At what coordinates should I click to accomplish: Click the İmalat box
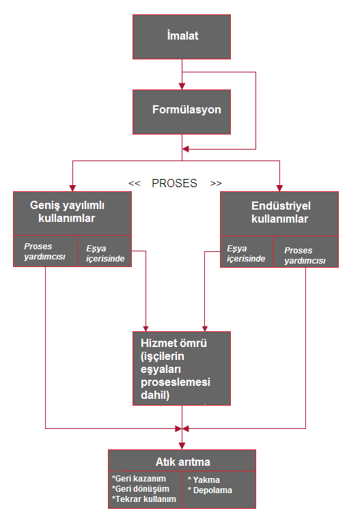(x=182, y=37)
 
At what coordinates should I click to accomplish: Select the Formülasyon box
(x=182, y=112)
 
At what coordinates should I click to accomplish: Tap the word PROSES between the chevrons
(x=174, y=183)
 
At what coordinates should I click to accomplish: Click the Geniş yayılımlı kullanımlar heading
(x=67, y=212)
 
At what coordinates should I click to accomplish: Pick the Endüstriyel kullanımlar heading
(x=280, y=212)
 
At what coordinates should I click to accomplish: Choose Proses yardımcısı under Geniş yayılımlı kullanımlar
(x=44, y=251)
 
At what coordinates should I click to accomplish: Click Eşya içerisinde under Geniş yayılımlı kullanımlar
(x=105, y=253)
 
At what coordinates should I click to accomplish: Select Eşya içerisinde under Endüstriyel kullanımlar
(x=246, y=253)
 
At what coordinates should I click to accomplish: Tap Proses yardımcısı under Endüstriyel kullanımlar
(x=305, y=255)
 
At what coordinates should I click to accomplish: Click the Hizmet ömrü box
(x=182, y=368)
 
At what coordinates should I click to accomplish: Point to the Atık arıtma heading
(x=183, y=462)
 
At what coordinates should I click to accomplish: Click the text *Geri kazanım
(x=139, y=479)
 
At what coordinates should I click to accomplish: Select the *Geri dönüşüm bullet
(x=141, y=489)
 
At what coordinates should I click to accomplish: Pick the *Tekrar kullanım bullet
(x=144, y=499)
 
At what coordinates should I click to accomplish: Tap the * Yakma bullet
(x=204, y=480)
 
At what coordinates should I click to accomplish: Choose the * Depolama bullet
(x=210, y=490)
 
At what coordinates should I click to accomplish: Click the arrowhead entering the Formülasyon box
(x=182, y=87)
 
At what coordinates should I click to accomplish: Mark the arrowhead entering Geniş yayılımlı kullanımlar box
(x=72, y=189)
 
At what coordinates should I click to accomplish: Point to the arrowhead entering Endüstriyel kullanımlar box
(x=279, y=189)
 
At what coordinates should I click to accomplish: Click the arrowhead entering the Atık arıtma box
(x=182, y=446)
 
